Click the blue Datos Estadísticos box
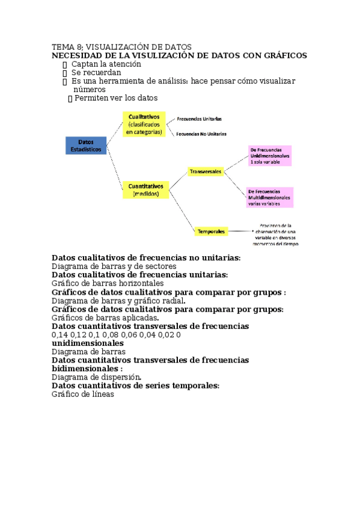pyautogui.click(x=85, y=145)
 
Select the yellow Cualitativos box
pyautogui.click(x=144, y=123)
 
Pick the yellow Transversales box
pyautogui.click(x=206, y=171)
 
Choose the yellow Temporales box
pyautogui.click(x=210, y=231)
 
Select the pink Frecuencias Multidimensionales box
pyautogui.click(x=269, y=197)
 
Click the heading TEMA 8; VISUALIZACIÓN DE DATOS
pyautogui.click(x=121, y=47)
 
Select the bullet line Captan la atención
pyautogui.click(x=106, y=64)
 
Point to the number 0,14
pyautogui.click(x=59, y=334)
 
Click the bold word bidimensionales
pyautogui.click(x=85, y=369)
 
